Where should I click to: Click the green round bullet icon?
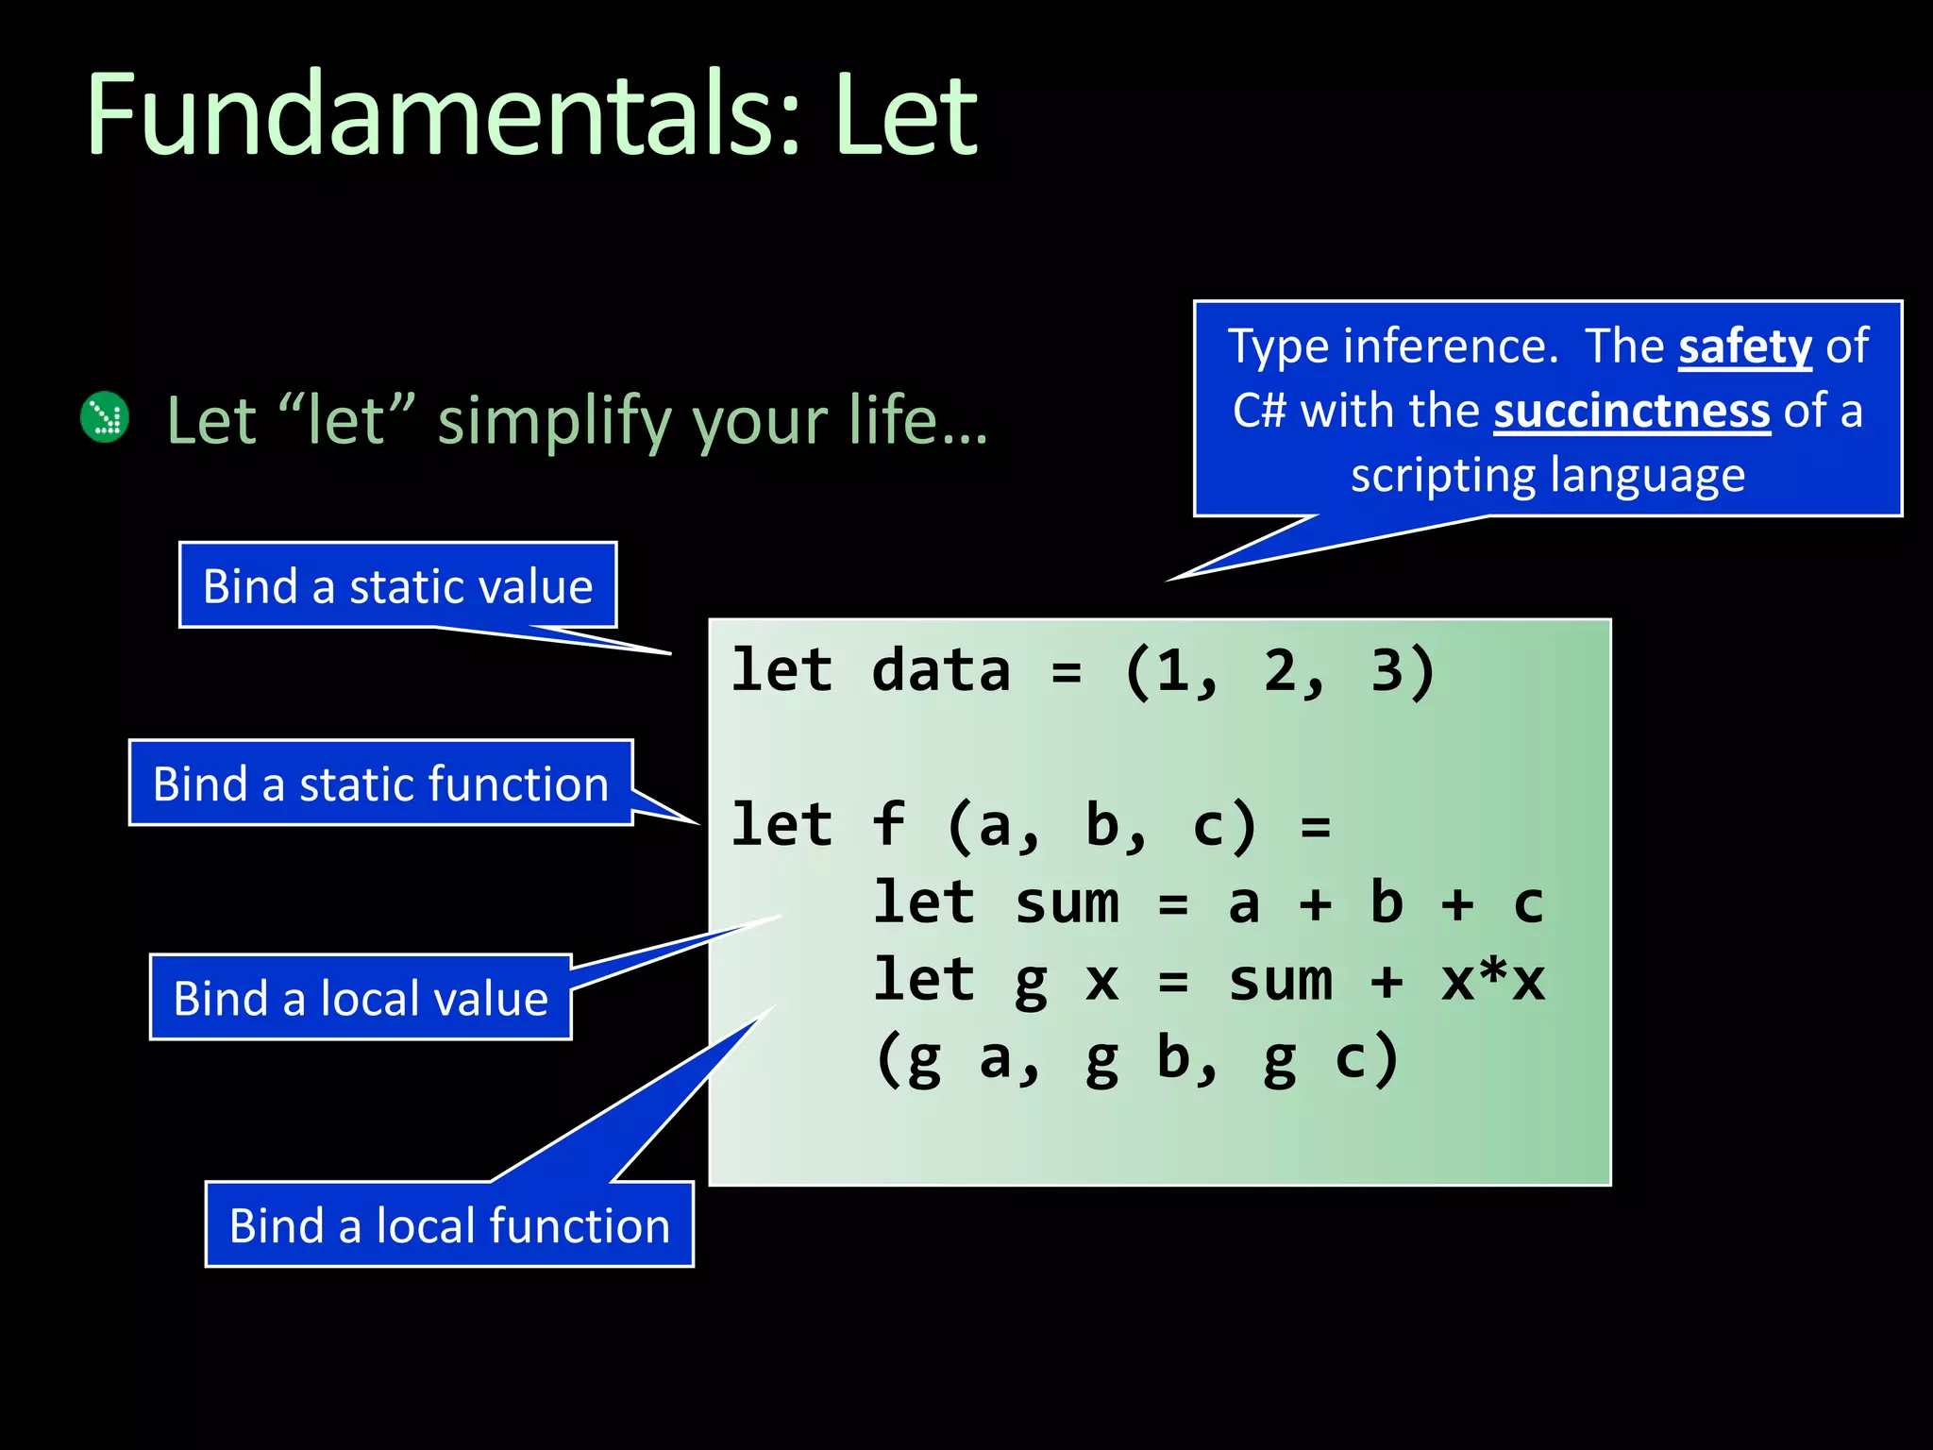(105, 417)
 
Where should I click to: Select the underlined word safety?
(1745, 346)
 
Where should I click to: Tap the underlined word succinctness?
(1631, 412)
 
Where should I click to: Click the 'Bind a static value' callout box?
(397, 585)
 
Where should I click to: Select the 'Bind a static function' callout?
(380, 784)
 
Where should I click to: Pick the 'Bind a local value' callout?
(361, 998)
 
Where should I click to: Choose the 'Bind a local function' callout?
(449, 1225)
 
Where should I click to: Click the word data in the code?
(941, 671)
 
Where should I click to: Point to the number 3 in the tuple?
(1387, 671)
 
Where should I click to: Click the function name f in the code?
(888, 824)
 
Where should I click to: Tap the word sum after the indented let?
(1067, 902)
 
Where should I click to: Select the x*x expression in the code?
(1492, 981)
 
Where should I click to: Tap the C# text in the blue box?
(1259, 412)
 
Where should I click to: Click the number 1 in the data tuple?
(1173, 671)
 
